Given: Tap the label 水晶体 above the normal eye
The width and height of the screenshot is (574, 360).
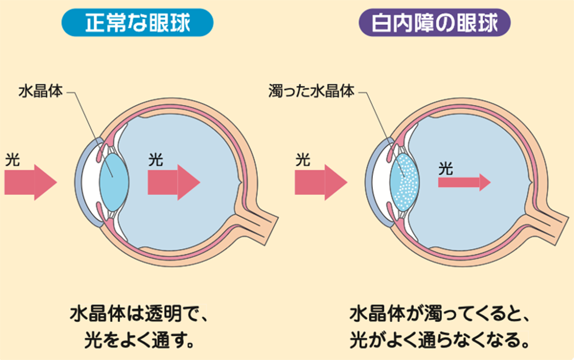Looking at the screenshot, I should (x=40, y=91).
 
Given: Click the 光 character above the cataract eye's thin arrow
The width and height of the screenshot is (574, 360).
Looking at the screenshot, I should (x=446, y=168).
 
